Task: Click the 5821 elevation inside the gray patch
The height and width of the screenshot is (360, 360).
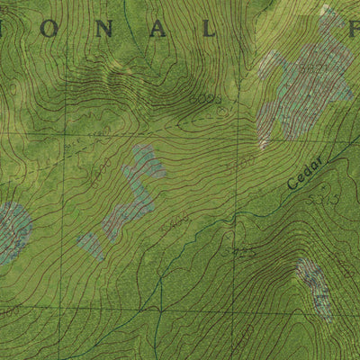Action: pos(312,68)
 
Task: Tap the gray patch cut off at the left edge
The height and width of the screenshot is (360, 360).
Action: pos(11,229)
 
